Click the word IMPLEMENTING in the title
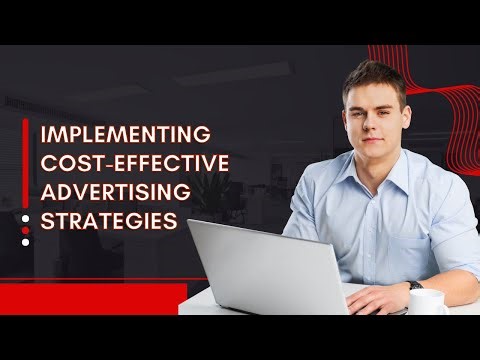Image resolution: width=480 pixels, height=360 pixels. point(124,134)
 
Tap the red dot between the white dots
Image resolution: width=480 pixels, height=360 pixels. point(26,228)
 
